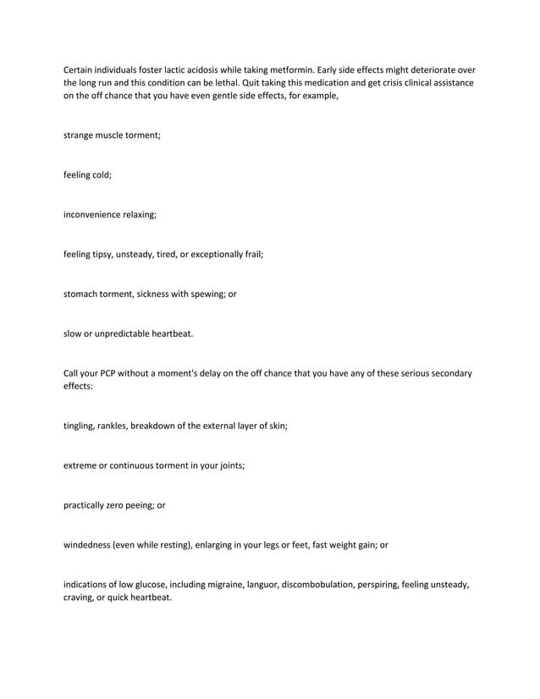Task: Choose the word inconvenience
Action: pyautogui.click(x=95, y=215)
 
